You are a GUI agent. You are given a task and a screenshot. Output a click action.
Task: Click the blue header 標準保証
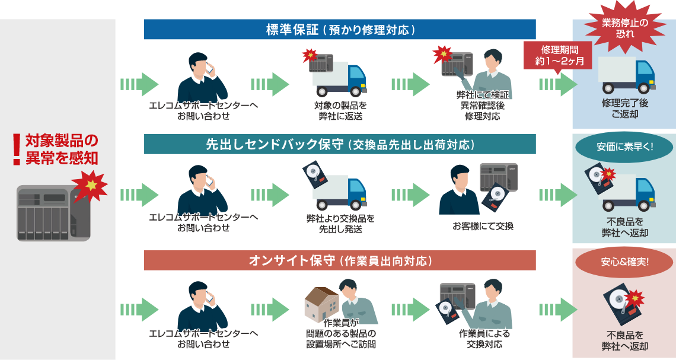click(340, 30)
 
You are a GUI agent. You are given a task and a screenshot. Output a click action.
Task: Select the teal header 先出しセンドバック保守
click(340, 144)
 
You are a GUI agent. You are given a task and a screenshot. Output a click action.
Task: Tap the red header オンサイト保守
click(340, 260)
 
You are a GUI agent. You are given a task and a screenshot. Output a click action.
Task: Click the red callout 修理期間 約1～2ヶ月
click(557, 56)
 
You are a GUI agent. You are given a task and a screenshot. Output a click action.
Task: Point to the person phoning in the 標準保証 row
click(202, 78)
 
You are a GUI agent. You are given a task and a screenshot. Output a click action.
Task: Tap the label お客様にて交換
click(483, 226)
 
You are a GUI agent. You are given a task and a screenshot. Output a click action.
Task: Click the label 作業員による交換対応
click(484, 339)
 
